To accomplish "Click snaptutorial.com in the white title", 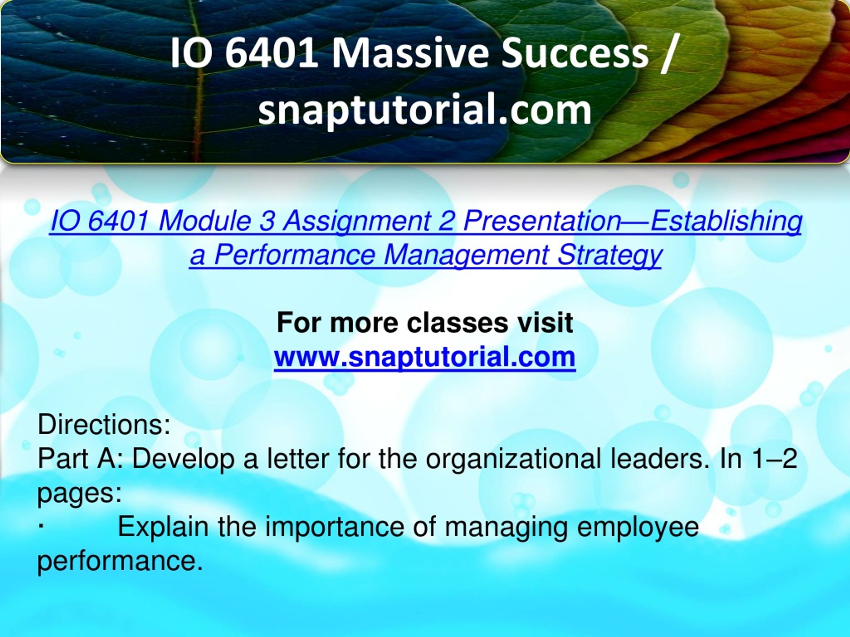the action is click(x=425, y=110).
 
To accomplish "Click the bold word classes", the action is click(x=457, y=323).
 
